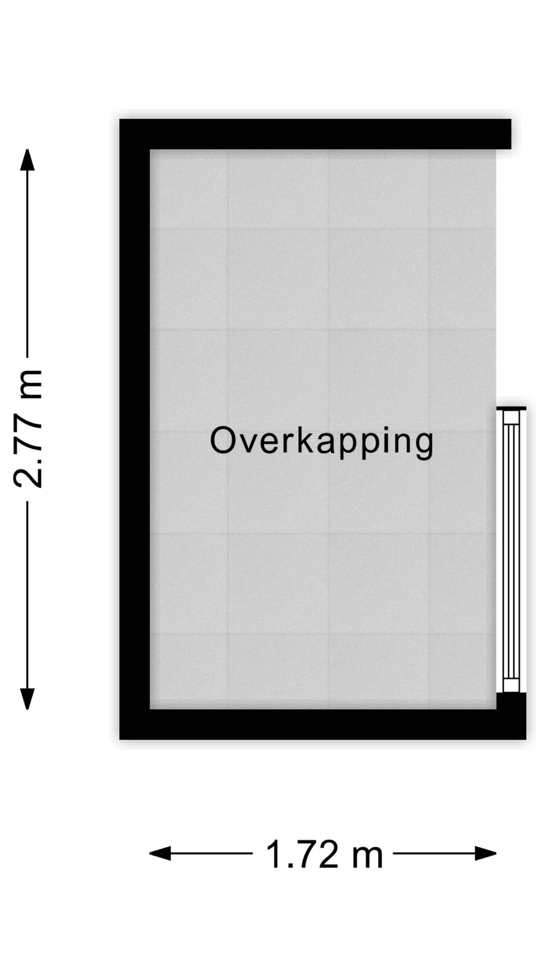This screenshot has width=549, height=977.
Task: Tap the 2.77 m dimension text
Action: point(28,428)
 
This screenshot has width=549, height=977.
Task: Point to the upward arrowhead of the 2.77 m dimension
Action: point(27,159)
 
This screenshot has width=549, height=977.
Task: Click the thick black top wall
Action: point(315,134)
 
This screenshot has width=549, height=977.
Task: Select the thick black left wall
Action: point(134,427)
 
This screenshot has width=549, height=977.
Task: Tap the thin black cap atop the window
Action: point(511,408)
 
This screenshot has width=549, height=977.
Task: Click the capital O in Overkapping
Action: point(222,440)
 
